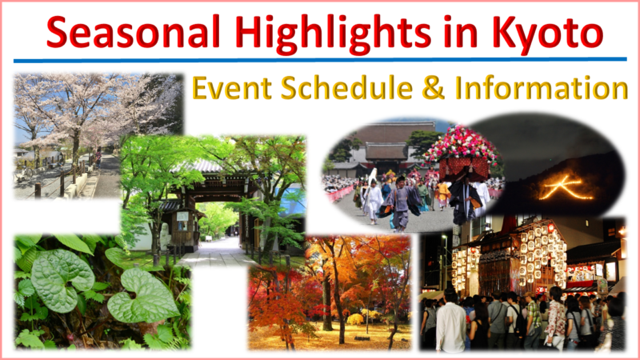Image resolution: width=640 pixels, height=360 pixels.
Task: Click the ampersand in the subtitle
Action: [x=433, y=87]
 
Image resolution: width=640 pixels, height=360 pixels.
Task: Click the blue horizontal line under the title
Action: [x=320, y=60]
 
